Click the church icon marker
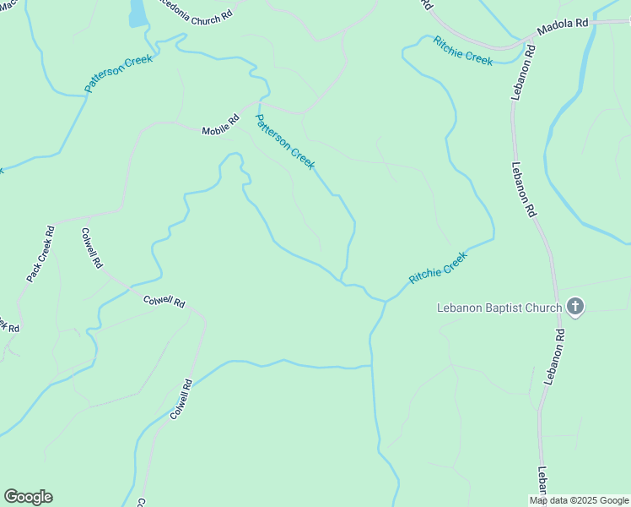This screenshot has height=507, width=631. [575, 307]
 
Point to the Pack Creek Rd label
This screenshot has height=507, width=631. [40, 253]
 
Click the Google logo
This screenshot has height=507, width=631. [28, 496]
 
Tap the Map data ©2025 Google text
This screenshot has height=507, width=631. [580, 500]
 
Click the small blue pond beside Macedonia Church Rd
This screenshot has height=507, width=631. [136, 12]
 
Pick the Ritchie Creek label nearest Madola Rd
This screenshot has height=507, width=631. [462, 51]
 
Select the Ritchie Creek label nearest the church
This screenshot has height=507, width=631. [438, 268]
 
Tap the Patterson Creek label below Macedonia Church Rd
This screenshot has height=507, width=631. [118, 74]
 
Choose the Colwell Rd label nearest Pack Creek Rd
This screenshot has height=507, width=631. [92, 248]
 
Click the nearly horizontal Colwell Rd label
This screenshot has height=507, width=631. [164, 300]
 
